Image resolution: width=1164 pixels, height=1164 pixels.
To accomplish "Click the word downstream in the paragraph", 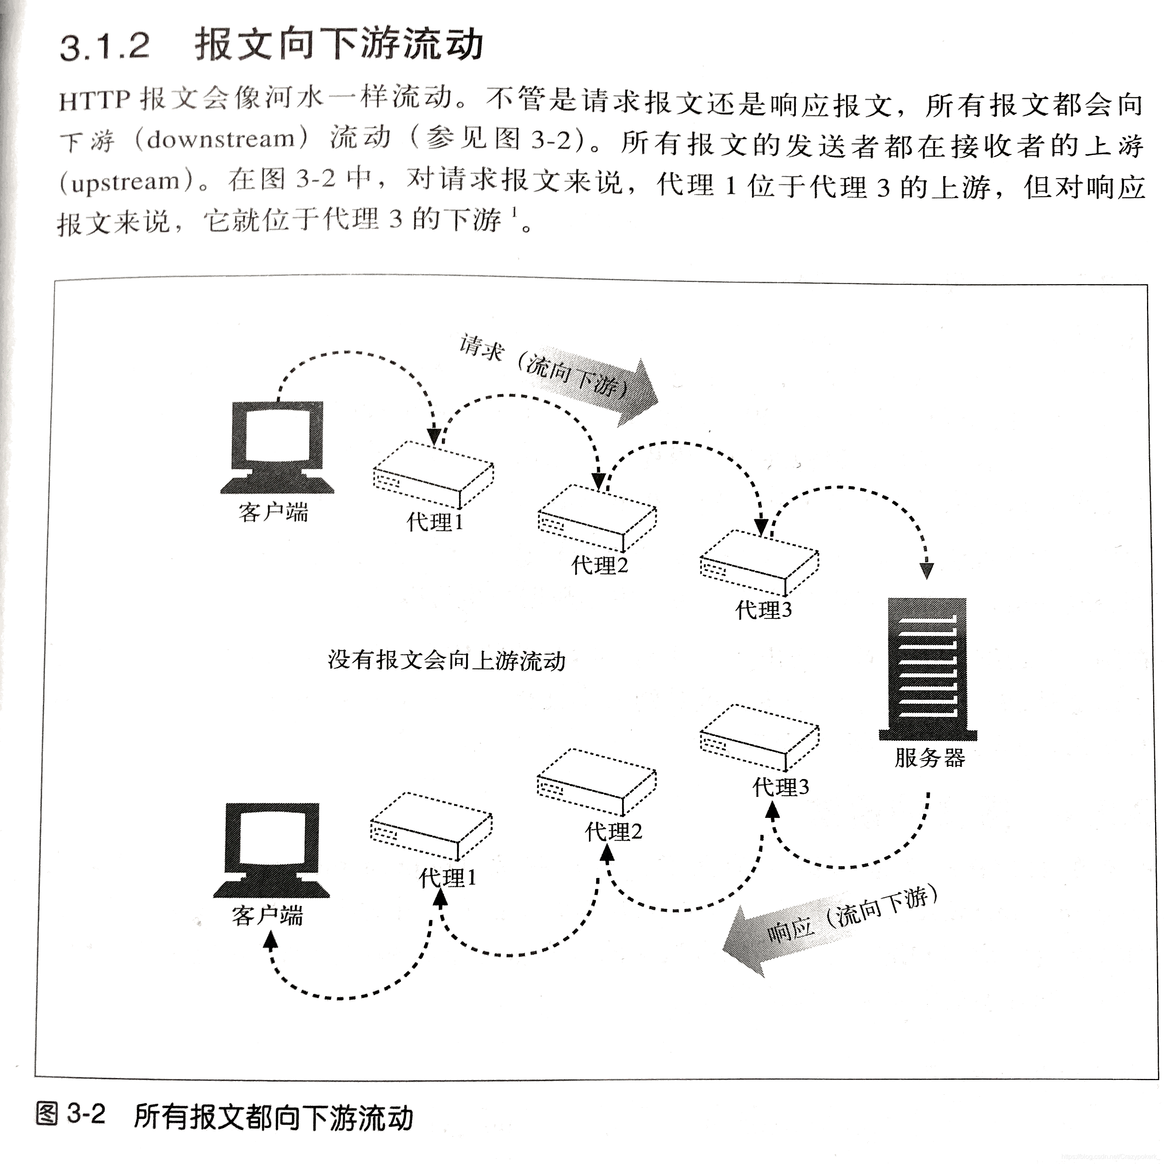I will (x=220, y=139).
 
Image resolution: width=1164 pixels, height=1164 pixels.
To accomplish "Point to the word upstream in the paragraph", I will (x=125, y=181).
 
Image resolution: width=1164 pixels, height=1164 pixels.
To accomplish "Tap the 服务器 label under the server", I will (x=930, y=757).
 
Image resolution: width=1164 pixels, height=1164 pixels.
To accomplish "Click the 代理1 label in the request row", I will (x=435, y=522).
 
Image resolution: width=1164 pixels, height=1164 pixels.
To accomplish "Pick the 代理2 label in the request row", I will (x=599, y=565).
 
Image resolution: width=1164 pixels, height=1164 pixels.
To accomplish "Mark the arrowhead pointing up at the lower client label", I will (x=271, y=940).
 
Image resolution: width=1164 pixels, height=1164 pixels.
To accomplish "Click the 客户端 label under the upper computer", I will (x=273, y=513).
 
